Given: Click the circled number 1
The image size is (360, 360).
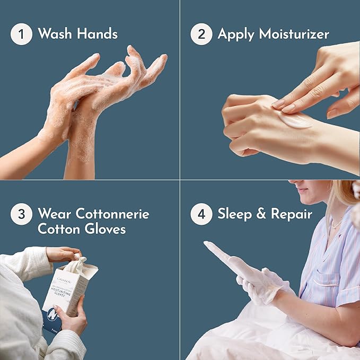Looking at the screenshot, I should pos(21,34).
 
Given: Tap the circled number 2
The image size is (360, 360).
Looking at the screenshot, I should pos(201,34).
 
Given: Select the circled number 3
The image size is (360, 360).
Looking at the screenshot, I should pos(21,215).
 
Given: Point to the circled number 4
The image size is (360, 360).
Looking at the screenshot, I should pos(201,215).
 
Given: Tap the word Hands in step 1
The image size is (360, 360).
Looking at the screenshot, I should pos(96,34).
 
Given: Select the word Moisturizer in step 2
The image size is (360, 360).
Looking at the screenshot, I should pos(295,35).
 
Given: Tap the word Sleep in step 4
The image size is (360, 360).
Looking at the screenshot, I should pos(236,215).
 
